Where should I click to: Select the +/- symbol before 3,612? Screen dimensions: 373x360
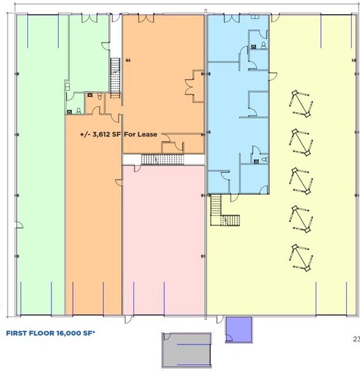pyautogui.click(x=84, y=134)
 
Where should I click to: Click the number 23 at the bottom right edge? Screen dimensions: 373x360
pyautogui.click(x=356, y=338)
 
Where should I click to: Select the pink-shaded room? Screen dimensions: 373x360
pyautogui.click(x=163, y=241)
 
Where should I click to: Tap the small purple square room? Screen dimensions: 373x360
pyautogui.click(x=239, y=328)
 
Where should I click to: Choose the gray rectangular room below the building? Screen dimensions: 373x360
pyautogui.click(x=187, y=349)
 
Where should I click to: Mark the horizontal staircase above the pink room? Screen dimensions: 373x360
pyautogui.click(x=161, y=159)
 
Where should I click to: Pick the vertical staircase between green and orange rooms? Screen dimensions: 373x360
pyautogui.click(x=115, y=75)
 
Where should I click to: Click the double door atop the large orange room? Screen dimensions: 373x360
pyautogui.click(x=145, y=18)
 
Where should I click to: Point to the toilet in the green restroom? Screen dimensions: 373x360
pyautogui.click(x=78, y=110)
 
